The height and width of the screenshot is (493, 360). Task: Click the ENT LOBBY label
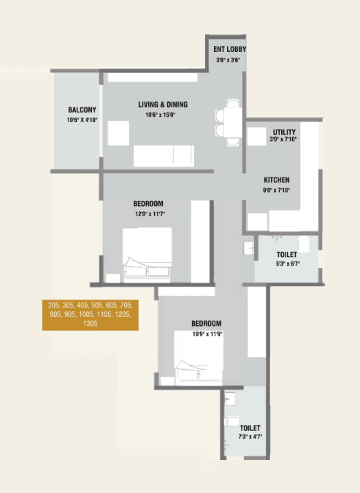[x=229, y=50]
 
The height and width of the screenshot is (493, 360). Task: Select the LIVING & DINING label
[x=167, y=104]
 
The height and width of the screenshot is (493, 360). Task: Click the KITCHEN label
[x=277, y=180]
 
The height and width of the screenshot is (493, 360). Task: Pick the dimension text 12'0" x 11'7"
[x=148, y=213]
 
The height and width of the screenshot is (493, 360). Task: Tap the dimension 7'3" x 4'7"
[x=250, y=437]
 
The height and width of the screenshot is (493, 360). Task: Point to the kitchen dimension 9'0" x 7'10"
[x=277, y=190]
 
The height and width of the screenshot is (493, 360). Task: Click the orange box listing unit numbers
[x=90, y=313]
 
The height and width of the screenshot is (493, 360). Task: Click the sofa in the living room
[x=164, y=155]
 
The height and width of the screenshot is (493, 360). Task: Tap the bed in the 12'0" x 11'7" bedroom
[x=147, y=253]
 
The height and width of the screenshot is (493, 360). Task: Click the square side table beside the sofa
[x=118, y=132]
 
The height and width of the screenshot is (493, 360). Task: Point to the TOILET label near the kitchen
[x=286, y=255]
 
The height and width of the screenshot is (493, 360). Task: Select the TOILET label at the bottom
[x=250, y=428]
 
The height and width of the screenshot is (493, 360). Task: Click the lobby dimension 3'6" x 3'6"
[x=229, y=59]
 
